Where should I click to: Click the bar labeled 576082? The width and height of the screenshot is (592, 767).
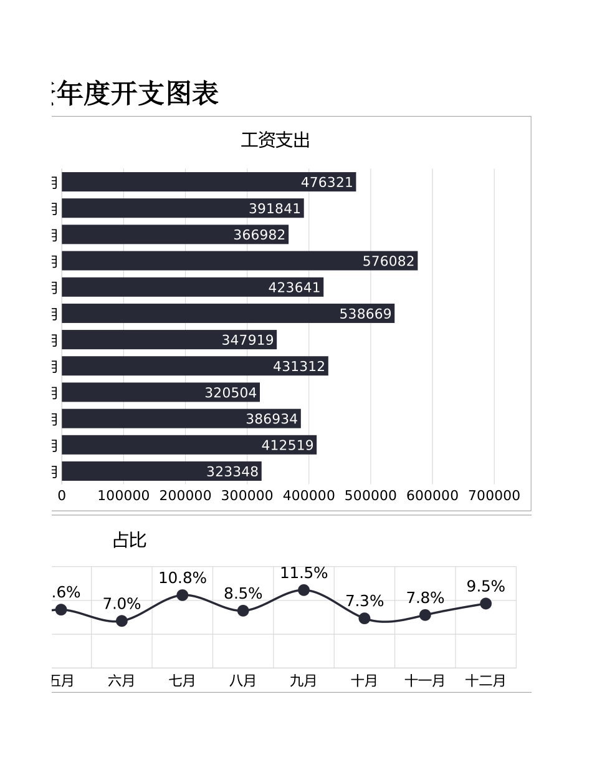(x=239, y=261)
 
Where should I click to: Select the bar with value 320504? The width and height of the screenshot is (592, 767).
(x=160, y=392)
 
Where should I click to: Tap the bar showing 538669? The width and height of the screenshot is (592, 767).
(x=227, y=314)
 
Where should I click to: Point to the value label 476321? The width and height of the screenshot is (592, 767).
(x=327, y=182)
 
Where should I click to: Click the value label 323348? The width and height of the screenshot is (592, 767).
(x=232, y=471)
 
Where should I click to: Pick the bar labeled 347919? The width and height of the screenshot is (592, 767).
(x=169, y=340)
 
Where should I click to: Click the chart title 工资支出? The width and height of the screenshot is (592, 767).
(x=275, y=140)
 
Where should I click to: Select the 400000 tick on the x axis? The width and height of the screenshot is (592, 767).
(x=308, y=496)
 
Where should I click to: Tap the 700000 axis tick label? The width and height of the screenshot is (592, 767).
(x=494, y=496)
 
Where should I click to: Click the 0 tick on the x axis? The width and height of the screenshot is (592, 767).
(x=62, y=496)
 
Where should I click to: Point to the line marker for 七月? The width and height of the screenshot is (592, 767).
(x=183, y=595)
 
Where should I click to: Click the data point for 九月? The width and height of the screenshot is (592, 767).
(x=303, y=590)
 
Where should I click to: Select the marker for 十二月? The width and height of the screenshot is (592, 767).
(x=485, y=603)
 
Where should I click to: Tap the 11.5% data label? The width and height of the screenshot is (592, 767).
(x=303, y=573)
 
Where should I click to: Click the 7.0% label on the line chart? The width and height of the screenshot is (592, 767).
(x=122, y=604)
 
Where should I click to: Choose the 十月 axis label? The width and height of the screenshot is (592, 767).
(x=364, y=680)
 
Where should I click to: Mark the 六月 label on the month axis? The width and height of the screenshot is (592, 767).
(x=122, y=680)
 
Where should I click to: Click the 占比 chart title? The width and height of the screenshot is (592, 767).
(x=130, y=540)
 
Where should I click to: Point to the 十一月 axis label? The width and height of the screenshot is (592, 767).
(x=425, y=680)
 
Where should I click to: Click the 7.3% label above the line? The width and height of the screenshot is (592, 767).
(x=365, y=601)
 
